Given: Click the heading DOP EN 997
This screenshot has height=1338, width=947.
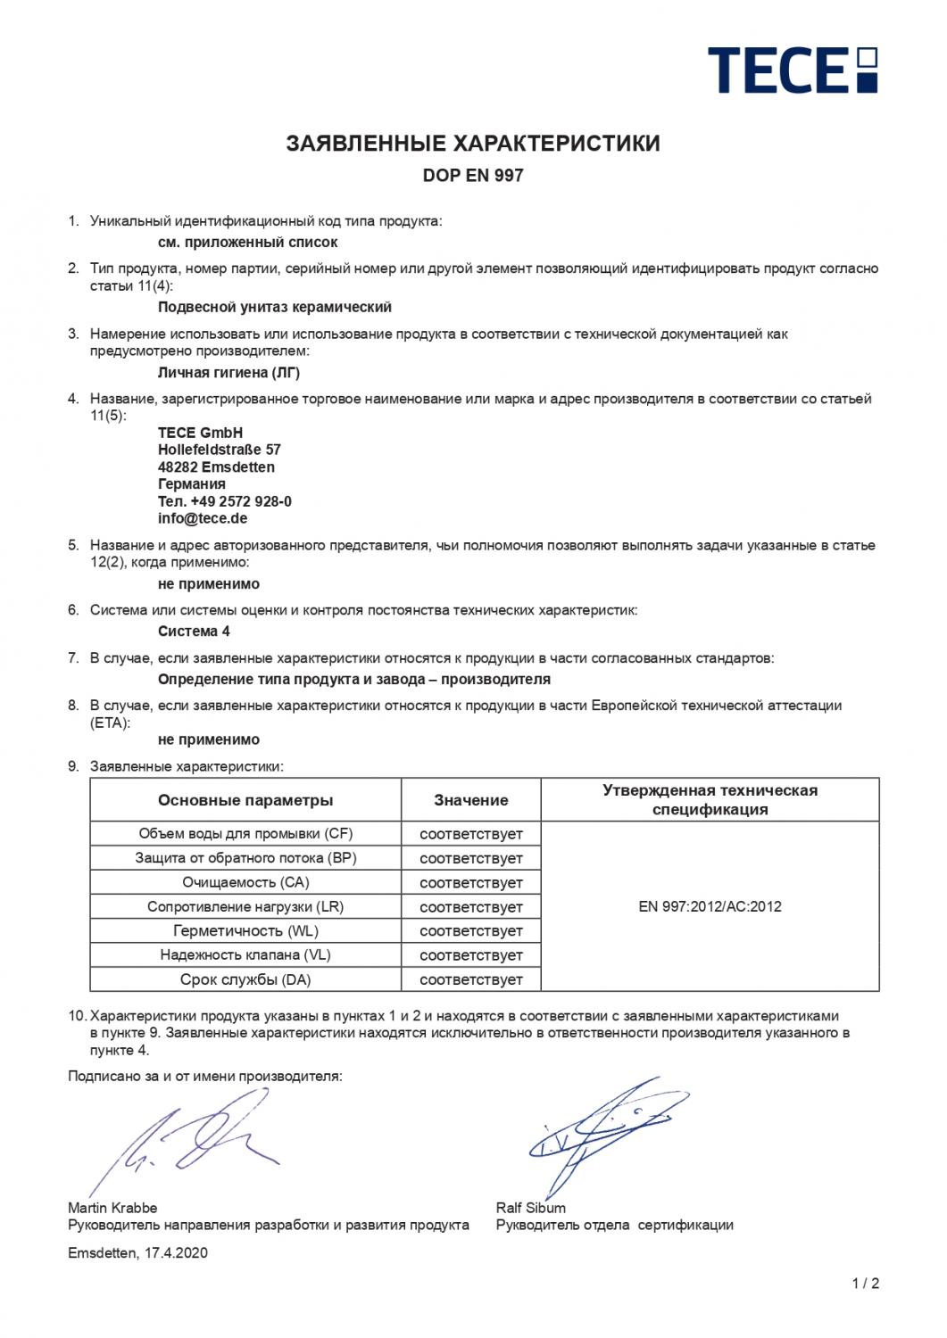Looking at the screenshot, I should tap(473, 176).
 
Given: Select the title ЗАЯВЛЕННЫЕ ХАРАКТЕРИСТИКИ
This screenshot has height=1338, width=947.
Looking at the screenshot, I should tap(473, 144).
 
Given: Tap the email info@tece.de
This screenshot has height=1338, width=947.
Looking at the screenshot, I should tap(203, 518).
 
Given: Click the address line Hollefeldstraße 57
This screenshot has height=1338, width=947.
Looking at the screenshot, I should tap(220, 450).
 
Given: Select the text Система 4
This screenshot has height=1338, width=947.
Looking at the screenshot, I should tap(188, 632).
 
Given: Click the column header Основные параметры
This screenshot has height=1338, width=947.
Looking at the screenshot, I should tap(245, 800).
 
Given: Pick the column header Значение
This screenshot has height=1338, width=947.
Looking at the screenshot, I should tap(471, 800).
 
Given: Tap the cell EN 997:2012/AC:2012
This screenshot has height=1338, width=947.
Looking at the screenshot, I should tap(710, 906).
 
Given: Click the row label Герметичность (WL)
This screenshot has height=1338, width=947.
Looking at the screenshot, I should tap(245, 931).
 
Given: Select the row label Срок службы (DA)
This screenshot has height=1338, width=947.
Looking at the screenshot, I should tap(245, 979).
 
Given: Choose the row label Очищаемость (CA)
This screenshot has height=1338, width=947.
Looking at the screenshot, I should tap(245, 883).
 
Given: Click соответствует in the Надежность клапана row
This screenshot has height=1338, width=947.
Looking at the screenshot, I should tap(471, 955).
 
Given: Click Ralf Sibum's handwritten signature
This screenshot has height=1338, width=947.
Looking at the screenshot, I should tap(598, 1128).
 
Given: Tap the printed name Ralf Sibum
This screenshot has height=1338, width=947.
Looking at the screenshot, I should tap(531, 1208).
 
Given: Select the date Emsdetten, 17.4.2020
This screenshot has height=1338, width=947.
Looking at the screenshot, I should tap(137, 1252).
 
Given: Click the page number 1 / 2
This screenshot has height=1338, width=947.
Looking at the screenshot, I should tap(865, 1284).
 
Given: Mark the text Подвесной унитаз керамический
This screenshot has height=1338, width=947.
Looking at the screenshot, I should tap(275, 307).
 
